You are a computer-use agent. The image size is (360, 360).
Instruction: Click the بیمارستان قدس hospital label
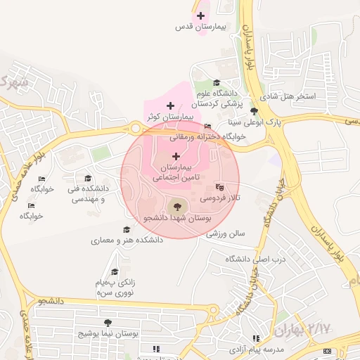[x=201, y=27]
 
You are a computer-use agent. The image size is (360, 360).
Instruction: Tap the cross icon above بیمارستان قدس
[x=201, y=15]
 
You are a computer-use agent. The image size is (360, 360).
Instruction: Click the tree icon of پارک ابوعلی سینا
[x=254, y=111]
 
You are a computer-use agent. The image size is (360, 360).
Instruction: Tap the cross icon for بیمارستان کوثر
[x=170, y=105]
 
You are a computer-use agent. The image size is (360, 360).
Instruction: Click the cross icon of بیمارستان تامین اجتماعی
[x=176, y=155]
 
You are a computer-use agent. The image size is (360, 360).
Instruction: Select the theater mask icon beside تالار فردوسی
[x=219, y=188]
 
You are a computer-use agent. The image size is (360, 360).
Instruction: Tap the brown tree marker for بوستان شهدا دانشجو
[x=176, y=206]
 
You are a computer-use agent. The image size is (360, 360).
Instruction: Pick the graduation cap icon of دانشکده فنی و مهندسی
[x=88, y=179]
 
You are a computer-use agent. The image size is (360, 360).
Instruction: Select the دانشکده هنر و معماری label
[x=127, y=240]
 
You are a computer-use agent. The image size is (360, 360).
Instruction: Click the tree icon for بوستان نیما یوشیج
[x=108, y=323]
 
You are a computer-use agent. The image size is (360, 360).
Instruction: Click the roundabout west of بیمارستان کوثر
[x=134, y=128]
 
